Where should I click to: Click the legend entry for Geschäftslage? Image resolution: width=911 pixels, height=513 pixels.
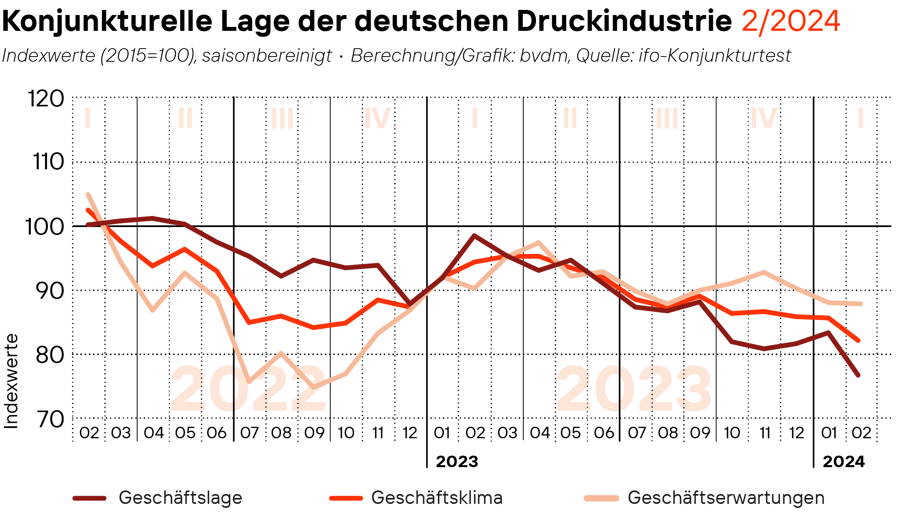tap(180, 498)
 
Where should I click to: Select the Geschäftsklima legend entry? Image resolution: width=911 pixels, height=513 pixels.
tap(437, 498)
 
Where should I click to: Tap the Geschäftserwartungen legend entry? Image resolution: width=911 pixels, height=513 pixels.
tap(726, 498)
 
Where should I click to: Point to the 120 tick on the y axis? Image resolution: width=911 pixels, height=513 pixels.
tap(46, 98)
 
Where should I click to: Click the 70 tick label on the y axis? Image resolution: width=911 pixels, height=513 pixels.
tap(50, 419)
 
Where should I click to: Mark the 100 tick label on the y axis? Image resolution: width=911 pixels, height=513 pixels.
tap(45, 227)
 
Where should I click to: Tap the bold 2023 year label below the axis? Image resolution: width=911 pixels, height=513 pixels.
tap(457, 462)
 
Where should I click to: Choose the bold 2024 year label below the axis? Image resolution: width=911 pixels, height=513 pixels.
tap(843, 462)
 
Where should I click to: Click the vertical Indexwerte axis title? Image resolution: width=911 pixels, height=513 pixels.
tap(11, 381)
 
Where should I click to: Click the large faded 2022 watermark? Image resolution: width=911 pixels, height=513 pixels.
tap(248, 389)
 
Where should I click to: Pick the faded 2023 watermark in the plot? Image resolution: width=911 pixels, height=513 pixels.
tap(634, 389)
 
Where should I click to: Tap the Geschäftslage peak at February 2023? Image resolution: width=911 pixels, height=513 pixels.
tap(474, 236)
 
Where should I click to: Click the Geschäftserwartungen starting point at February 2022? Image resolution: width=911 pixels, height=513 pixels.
tap(88, 194)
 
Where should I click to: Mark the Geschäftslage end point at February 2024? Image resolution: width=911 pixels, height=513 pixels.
tap(858, 375)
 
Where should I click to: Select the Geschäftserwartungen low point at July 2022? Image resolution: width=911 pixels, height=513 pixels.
tap(249, 382)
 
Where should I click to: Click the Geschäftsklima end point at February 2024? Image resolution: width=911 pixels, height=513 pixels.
tap(858, 340)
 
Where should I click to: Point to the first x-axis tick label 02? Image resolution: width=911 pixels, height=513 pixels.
tap(89, 433)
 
